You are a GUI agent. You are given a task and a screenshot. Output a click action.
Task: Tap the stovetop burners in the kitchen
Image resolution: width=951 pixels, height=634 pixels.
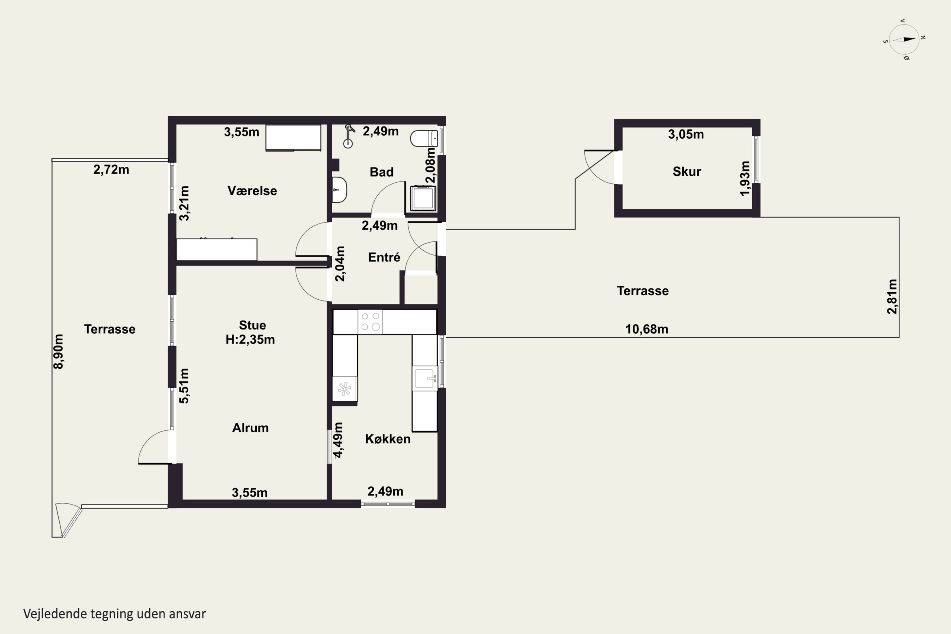(x=370, y=322)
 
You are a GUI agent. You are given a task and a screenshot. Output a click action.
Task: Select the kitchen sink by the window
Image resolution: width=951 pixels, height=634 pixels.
(x=424, y=378)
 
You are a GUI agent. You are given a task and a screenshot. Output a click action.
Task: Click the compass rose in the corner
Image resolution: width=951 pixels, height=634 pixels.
(x=904, y=39)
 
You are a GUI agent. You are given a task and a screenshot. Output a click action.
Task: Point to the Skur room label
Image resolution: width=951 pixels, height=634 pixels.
(x=687, y=171)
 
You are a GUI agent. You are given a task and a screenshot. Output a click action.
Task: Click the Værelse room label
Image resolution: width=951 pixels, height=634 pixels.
(x=252, y=191)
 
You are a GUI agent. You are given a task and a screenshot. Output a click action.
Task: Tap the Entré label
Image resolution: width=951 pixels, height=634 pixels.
(x=384, y=257)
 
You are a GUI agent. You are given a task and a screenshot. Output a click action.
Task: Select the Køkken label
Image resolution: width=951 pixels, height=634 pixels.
(x=387, y=439)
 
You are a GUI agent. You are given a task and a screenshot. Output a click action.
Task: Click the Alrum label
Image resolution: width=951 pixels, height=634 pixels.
(x=250, y=428)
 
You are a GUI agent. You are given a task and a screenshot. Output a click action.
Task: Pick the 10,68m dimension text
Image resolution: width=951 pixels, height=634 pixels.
(x=647, y=329)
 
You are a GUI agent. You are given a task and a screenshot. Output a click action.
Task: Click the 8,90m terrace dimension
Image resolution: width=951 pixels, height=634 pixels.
(x=58, y=351)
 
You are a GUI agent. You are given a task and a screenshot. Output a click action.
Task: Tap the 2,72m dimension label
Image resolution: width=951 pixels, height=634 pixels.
(x=111, y=169)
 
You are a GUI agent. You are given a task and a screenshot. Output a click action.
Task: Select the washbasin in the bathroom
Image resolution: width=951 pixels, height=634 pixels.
(x=340, y=190)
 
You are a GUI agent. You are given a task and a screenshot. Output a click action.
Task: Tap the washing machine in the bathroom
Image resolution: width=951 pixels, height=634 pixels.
(x=423, y=198)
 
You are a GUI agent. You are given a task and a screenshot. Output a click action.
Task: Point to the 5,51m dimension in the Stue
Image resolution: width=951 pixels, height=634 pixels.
(x=184, y=386)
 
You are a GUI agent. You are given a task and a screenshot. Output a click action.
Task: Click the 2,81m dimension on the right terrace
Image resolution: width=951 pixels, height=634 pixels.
(x=892, y=296)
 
